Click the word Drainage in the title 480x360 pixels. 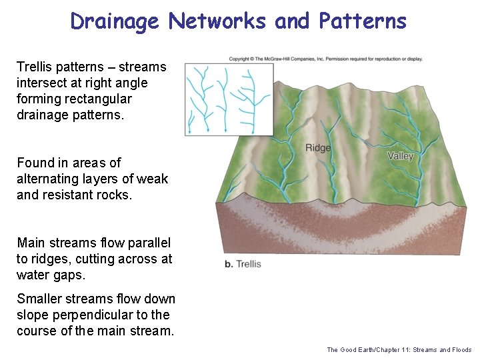pos(115,21)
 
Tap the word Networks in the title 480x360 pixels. pos(217,21)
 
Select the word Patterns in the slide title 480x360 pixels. pos(363,21)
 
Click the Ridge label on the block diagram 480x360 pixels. pos(318,147)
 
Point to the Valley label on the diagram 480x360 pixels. pos(401,156)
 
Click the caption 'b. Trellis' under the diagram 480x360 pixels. pos(243,264)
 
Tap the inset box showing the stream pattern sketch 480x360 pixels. pos(229,99)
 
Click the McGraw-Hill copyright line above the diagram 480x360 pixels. pos(326,59)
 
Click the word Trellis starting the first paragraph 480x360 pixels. pos(33,67)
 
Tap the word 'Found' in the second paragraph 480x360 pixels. pos(34,163)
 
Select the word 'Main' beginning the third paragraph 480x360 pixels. pos(31,243)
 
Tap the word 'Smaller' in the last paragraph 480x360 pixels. pos(40,299)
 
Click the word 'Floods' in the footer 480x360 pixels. pos(461,349)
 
